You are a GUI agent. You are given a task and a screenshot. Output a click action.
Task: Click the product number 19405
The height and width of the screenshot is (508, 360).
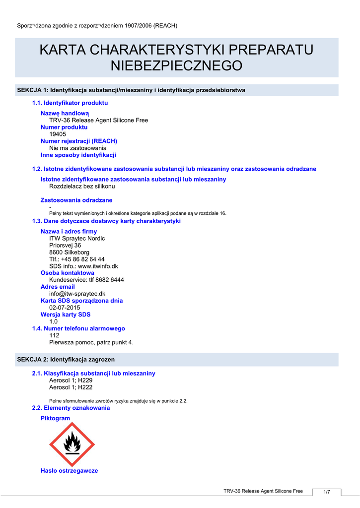point(58,134)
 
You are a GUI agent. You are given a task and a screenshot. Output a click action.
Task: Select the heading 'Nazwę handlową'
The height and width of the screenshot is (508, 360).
point(65,113)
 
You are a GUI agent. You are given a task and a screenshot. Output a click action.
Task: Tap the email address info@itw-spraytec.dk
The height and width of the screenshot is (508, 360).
point(77,294)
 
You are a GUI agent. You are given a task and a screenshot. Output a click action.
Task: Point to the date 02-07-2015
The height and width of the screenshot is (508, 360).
point(65,308)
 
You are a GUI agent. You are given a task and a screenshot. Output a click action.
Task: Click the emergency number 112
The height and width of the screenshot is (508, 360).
point(54,335)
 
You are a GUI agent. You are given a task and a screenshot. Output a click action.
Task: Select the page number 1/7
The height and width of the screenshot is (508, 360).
point(327,492)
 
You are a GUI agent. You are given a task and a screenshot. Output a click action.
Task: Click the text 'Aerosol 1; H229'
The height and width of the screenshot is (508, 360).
point(71,381)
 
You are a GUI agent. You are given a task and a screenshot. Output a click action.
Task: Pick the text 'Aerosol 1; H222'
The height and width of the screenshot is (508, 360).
point(71,387)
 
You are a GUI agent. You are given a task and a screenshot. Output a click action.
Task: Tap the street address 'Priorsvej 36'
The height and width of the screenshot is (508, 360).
point(65,245)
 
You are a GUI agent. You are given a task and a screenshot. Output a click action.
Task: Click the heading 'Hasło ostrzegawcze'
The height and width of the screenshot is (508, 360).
point(69,471)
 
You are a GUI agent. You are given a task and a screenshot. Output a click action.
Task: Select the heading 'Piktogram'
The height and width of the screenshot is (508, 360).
point(55,418)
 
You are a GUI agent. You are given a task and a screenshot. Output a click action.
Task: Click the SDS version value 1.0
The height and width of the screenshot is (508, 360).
point(54,321)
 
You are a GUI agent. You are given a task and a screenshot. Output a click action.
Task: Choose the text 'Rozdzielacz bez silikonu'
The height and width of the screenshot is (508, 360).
point(82,186)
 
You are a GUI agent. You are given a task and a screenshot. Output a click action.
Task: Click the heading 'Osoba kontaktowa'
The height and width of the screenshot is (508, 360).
point(67,273)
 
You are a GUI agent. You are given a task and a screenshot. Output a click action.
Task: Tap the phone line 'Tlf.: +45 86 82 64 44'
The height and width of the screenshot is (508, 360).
point(77,259)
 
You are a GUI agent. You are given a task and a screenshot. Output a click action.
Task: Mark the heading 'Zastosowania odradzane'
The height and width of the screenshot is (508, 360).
point(76,200)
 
